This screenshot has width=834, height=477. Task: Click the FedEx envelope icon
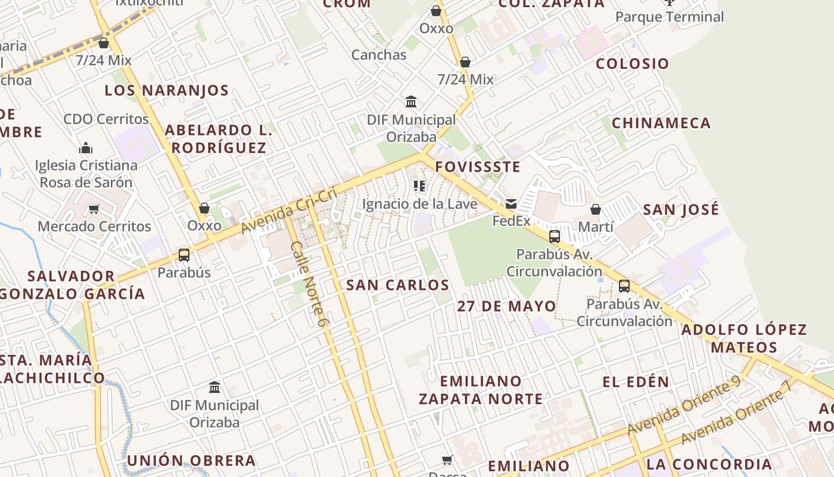pos(511,204)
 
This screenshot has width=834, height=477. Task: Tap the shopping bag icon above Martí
pos(595,209)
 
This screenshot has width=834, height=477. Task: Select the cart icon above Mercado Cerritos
pos(94,209)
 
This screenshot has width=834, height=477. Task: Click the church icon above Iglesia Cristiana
pos(86,148)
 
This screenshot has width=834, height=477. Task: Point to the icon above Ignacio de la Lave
pos(419,186)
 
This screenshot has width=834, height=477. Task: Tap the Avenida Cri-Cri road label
pos(290,211)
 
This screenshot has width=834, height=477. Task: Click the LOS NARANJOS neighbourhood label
pos(167,91)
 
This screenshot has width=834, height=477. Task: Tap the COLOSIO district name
pos(633,64)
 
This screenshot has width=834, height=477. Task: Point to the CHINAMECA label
pos(661,123)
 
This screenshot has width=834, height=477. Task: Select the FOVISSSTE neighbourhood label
pos(478,167)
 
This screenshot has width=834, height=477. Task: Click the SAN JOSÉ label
pos(681,209)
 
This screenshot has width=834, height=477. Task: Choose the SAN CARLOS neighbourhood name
pos(397,285)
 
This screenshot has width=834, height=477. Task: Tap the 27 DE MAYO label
pos(506,306)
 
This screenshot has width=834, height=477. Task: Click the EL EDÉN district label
pos(636,382)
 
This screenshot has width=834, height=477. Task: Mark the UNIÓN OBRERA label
pos(191,461)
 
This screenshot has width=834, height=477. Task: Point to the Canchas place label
pos(379,55)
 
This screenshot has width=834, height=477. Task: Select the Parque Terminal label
pos(670,17)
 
